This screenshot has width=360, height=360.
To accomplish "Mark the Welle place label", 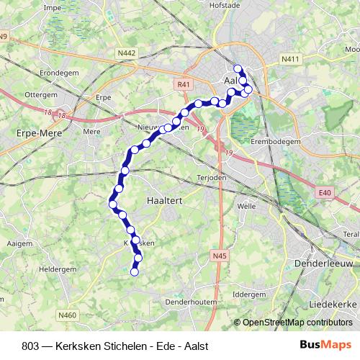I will [246, 205].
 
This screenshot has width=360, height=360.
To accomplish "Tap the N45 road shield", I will [220, 255].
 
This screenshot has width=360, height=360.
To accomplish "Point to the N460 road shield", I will [68, 315].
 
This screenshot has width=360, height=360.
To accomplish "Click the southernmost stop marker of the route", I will [133, 271].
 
